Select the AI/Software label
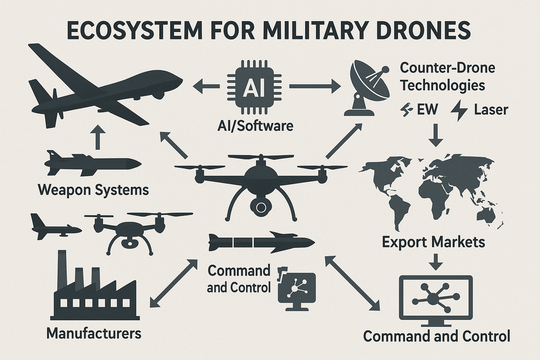click(255, 126)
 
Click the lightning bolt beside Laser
click(459, 110)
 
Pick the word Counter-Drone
click(447, 68)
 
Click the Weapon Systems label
click(93, 190)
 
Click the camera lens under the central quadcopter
click(261, 207)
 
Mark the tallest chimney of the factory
click(62, 270)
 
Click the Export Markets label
click(434, 242)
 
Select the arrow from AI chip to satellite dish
click(315, 86)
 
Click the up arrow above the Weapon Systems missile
click(97, 137)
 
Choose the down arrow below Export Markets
click(435, 261)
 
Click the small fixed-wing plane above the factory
click(56, 227)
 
